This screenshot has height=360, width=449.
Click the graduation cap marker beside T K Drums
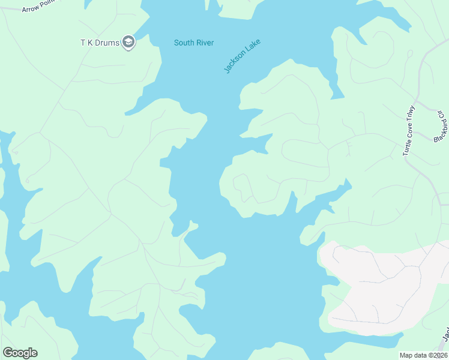(x=128, y=43)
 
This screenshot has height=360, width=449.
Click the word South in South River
(x=184, y=43)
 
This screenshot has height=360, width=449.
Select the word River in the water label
(x=205, y=43)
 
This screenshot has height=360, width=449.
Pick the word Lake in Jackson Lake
(x=256, y=46)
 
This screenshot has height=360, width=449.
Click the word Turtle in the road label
(x=406, y=147)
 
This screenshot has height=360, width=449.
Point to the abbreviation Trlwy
(x=411, y=115)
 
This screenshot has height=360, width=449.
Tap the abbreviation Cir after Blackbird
(x=441, y=114)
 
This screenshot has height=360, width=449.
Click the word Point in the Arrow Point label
(x=47, y=5)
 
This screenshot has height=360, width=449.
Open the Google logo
(x=20, y=353)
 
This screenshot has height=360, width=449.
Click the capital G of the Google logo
(x=8, y=353)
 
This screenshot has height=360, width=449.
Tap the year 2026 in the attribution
(x=440, y=355)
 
